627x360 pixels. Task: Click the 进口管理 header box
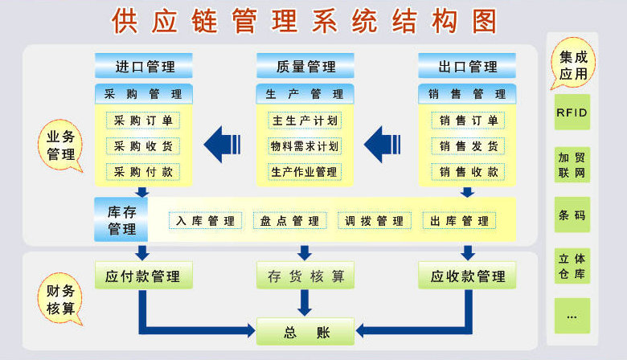click(144, 66)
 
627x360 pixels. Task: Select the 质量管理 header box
click(305, 66)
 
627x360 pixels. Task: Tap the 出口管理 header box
click(467, 66)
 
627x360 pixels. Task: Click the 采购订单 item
click(143, 121)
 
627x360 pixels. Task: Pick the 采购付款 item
click(143, 172)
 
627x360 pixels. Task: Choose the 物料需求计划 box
click(305, 146)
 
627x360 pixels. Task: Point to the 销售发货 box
click(468, 146)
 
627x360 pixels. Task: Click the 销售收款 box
click(468, 172)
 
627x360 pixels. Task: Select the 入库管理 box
click(206, 220)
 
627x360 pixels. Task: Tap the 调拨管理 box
click(375, 220)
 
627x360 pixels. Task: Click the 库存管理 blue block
click(121, 219)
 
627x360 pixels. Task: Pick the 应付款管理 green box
click(144, 276)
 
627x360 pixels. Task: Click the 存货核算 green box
click(305, 276)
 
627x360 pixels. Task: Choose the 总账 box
click(305, 332)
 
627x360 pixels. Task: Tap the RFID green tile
click(572, 112)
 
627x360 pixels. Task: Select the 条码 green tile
click(572, 215)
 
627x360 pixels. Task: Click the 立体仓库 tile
click(572, 266)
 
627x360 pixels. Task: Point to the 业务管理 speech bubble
click(61, 145)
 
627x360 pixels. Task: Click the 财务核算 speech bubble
click(61, 299)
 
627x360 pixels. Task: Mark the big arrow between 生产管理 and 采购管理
click(223, 144)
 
